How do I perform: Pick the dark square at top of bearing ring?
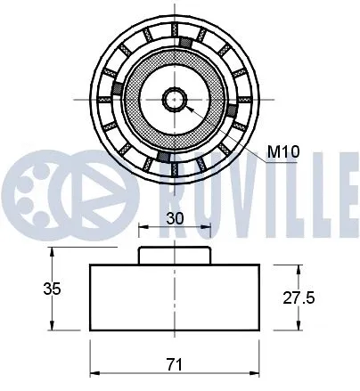(x=185, y=42)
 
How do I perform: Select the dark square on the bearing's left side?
(x=116, y=88)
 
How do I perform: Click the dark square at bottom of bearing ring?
(x=162, y=157)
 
